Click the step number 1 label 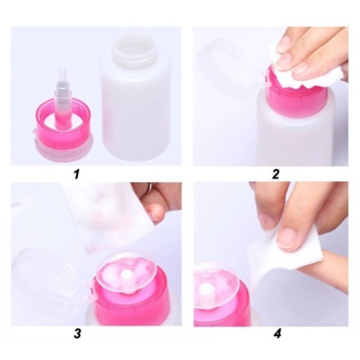pyautogui.click(x=76, y=174)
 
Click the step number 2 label pyautogui.click(x=276, y=174)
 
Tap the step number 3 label pyautogui.click(x=78, y=334)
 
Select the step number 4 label pyautogui.click(x=277, y=334)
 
